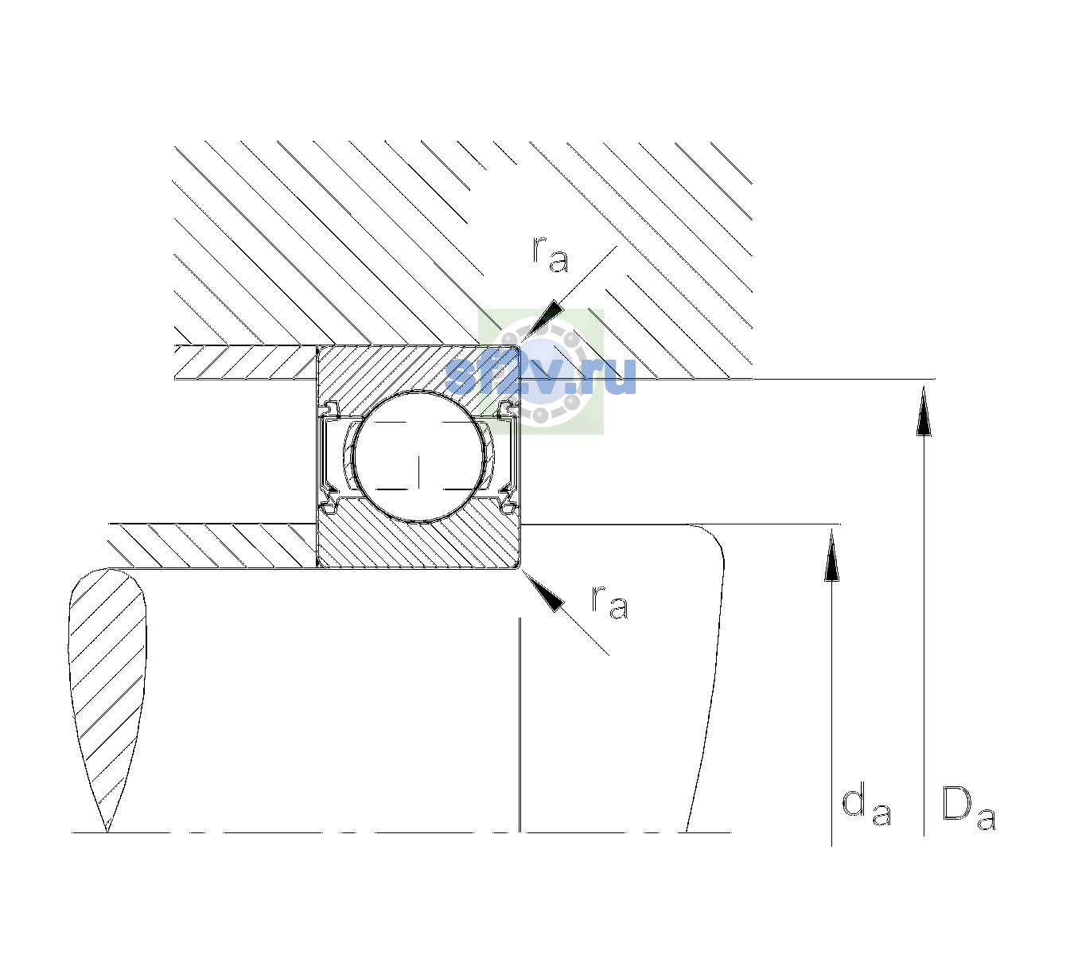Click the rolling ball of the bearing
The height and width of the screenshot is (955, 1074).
coord(418,457)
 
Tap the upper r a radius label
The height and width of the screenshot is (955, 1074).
coord(551,255)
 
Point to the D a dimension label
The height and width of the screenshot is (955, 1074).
coord(969,808)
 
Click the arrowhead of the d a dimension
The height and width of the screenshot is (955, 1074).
coord(831,555)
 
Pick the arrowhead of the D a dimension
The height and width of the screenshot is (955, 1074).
coord(924,411)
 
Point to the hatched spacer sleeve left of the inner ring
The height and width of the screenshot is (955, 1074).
coord(212,546)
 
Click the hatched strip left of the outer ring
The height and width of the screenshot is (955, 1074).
coord(245,362)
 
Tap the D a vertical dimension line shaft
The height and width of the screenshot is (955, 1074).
coord(924,610)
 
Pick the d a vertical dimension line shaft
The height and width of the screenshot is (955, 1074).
coord(831,687)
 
